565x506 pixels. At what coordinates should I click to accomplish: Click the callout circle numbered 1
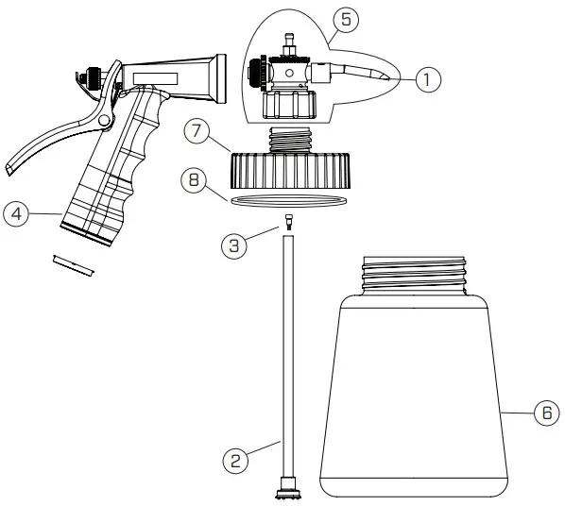pos(427,80)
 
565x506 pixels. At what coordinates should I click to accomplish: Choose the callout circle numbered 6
pos(545,413)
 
